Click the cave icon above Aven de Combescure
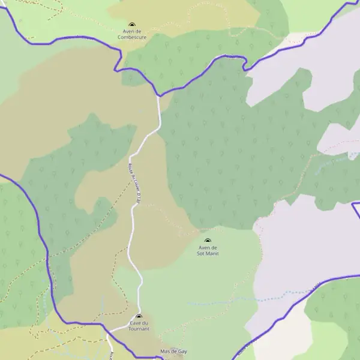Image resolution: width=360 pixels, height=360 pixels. pyautogui.click(x=132, y=25)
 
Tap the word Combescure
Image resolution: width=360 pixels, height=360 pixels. pyautogui.click(x=132, y=37)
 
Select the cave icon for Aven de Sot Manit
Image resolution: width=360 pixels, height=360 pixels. pyautogui.click(x=208, y=241)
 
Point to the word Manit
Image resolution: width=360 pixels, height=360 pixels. pyautogui.click(x=212, y=254)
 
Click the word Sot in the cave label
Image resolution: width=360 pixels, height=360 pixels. pyautogui.click(x=200, y=254)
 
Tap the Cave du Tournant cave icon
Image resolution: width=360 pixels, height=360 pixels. pyautogui.click(x=139, y=316)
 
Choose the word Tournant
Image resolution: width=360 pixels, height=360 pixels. pyautogui.click(x=139, y=329)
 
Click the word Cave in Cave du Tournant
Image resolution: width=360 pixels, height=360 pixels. pyautogui.click(x=134, y=323)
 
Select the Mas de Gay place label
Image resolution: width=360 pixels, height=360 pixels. pyautogui.click(x=173, y=351)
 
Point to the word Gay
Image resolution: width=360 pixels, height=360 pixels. pyautogui.click(x=182, y=351)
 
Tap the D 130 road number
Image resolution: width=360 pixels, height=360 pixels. pyautogui.click(x=137, y=198)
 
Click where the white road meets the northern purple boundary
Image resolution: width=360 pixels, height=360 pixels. pyautogui.click(x=158, y=95)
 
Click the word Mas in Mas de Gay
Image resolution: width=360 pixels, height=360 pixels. pyautogui.click(x=165, y=351)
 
